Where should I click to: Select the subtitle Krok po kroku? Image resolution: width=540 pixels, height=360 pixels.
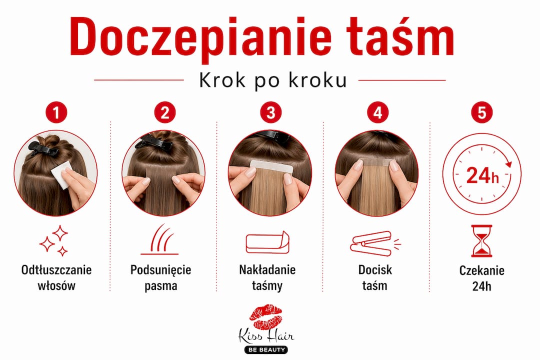(x=273, y=80)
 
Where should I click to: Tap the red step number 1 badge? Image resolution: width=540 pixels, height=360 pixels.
(x=56, y=112)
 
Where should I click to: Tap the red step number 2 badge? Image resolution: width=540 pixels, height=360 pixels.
(x=165, y=112)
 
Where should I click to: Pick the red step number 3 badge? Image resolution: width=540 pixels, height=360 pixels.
(x=270, y=112)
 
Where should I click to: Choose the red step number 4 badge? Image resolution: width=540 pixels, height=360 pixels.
(x=378, y=112)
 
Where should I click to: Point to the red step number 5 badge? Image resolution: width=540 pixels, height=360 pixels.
(x=481, y=112)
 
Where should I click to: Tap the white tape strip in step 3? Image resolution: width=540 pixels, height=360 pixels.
(x=271, y=168)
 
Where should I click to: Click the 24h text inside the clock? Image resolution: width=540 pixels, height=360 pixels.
(x=482, y=175)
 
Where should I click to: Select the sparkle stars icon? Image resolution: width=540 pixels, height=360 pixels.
(x=54, y=241)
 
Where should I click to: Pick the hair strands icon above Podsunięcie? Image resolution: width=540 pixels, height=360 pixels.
(x=159, y=239)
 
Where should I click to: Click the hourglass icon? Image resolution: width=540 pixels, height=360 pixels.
(x=481, y=241)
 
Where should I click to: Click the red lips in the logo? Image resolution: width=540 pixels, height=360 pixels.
(x=266, y=316)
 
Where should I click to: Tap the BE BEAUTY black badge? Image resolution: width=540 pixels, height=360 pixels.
(x=266, y=350)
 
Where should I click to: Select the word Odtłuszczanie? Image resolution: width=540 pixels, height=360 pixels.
(x=56, y=269)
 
